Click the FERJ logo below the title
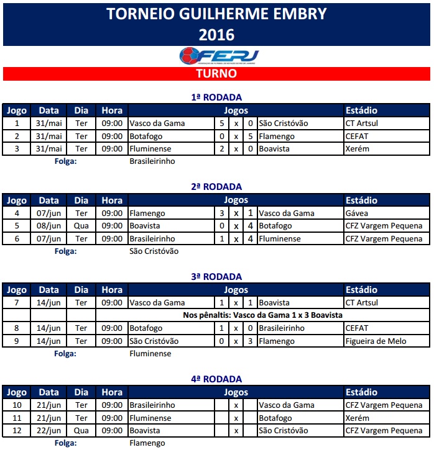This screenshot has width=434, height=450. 218,55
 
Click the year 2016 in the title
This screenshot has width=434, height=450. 216,35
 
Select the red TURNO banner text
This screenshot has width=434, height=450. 216,74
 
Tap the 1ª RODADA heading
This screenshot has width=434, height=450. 216,97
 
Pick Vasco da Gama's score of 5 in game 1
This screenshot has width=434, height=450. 222,124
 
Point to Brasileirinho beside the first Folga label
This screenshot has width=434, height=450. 152,161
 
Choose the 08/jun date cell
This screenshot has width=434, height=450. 49,226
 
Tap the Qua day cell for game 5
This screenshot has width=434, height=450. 81,226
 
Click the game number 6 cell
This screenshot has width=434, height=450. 17,239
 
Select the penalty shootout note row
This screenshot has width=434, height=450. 262,315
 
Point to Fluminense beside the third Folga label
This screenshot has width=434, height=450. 150,354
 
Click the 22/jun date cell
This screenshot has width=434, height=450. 49,431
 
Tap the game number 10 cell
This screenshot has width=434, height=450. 17,405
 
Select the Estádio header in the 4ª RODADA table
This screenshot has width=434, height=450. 361,393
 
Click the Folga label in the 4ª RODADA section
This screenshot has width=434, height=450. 65,443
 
